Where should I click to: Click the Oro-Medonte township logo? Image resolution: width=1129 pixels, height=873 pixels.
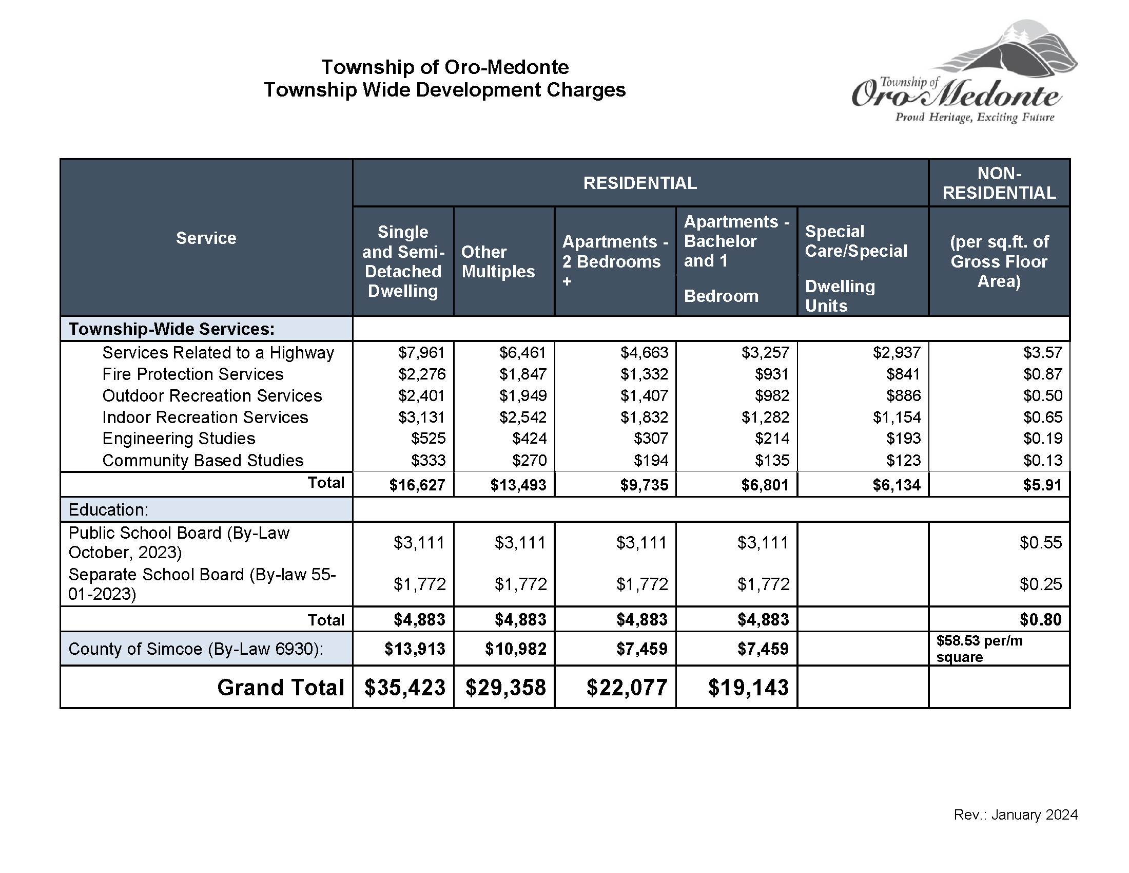pos(964,72)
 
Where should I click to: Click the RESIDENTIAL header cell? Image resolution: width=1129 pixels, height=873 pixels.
pos(640,183)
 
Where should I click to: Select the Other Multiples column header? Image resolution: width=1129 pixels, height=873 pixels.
pos(498,262)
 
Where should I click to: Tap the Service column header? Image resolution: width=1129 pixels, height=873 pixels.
pos(206,238)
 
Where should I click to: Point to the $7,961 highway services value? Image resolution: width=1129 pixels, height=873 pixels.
pos(421,353)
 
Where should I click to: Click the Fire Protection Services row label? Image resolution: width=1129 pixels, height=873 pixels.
pos(193,374)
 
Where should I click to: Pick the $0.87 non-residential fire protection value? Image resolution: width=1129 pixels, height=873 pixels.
pos(1042,374)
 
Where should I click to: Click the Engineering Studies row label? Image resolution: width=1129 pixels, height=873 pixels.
pos(179,439)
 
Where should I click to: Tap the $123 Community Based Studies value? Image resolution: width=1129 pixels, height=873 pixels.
pos(905,460)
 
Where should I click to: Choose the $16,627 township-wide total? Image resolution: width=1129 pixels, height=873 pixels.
pos(417,485)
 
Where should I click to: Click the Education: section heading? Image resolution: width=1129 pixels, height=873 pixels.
pos(109,510)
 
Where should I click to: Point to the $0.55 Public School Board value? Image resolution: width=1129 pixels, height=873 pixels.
pos(1040,542)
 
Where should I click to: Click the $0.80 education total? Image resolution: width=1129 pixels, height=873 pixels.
pos(1040,620)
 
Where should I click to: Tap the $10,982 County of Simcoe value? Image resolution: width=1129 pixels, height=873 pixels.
pos(515,649)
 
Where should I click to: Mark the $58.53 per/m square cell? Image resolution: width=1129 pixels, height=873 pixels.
pos(979,649)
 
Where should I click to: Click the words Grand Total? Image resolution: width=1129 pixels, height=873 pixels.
pos(280,688)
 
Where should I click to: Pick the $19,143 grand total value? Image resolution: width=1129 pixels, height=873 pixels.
pos(748,688)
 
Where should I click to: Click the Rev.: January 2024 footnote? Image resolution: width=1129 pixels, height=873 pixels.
pos(1015,815)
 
